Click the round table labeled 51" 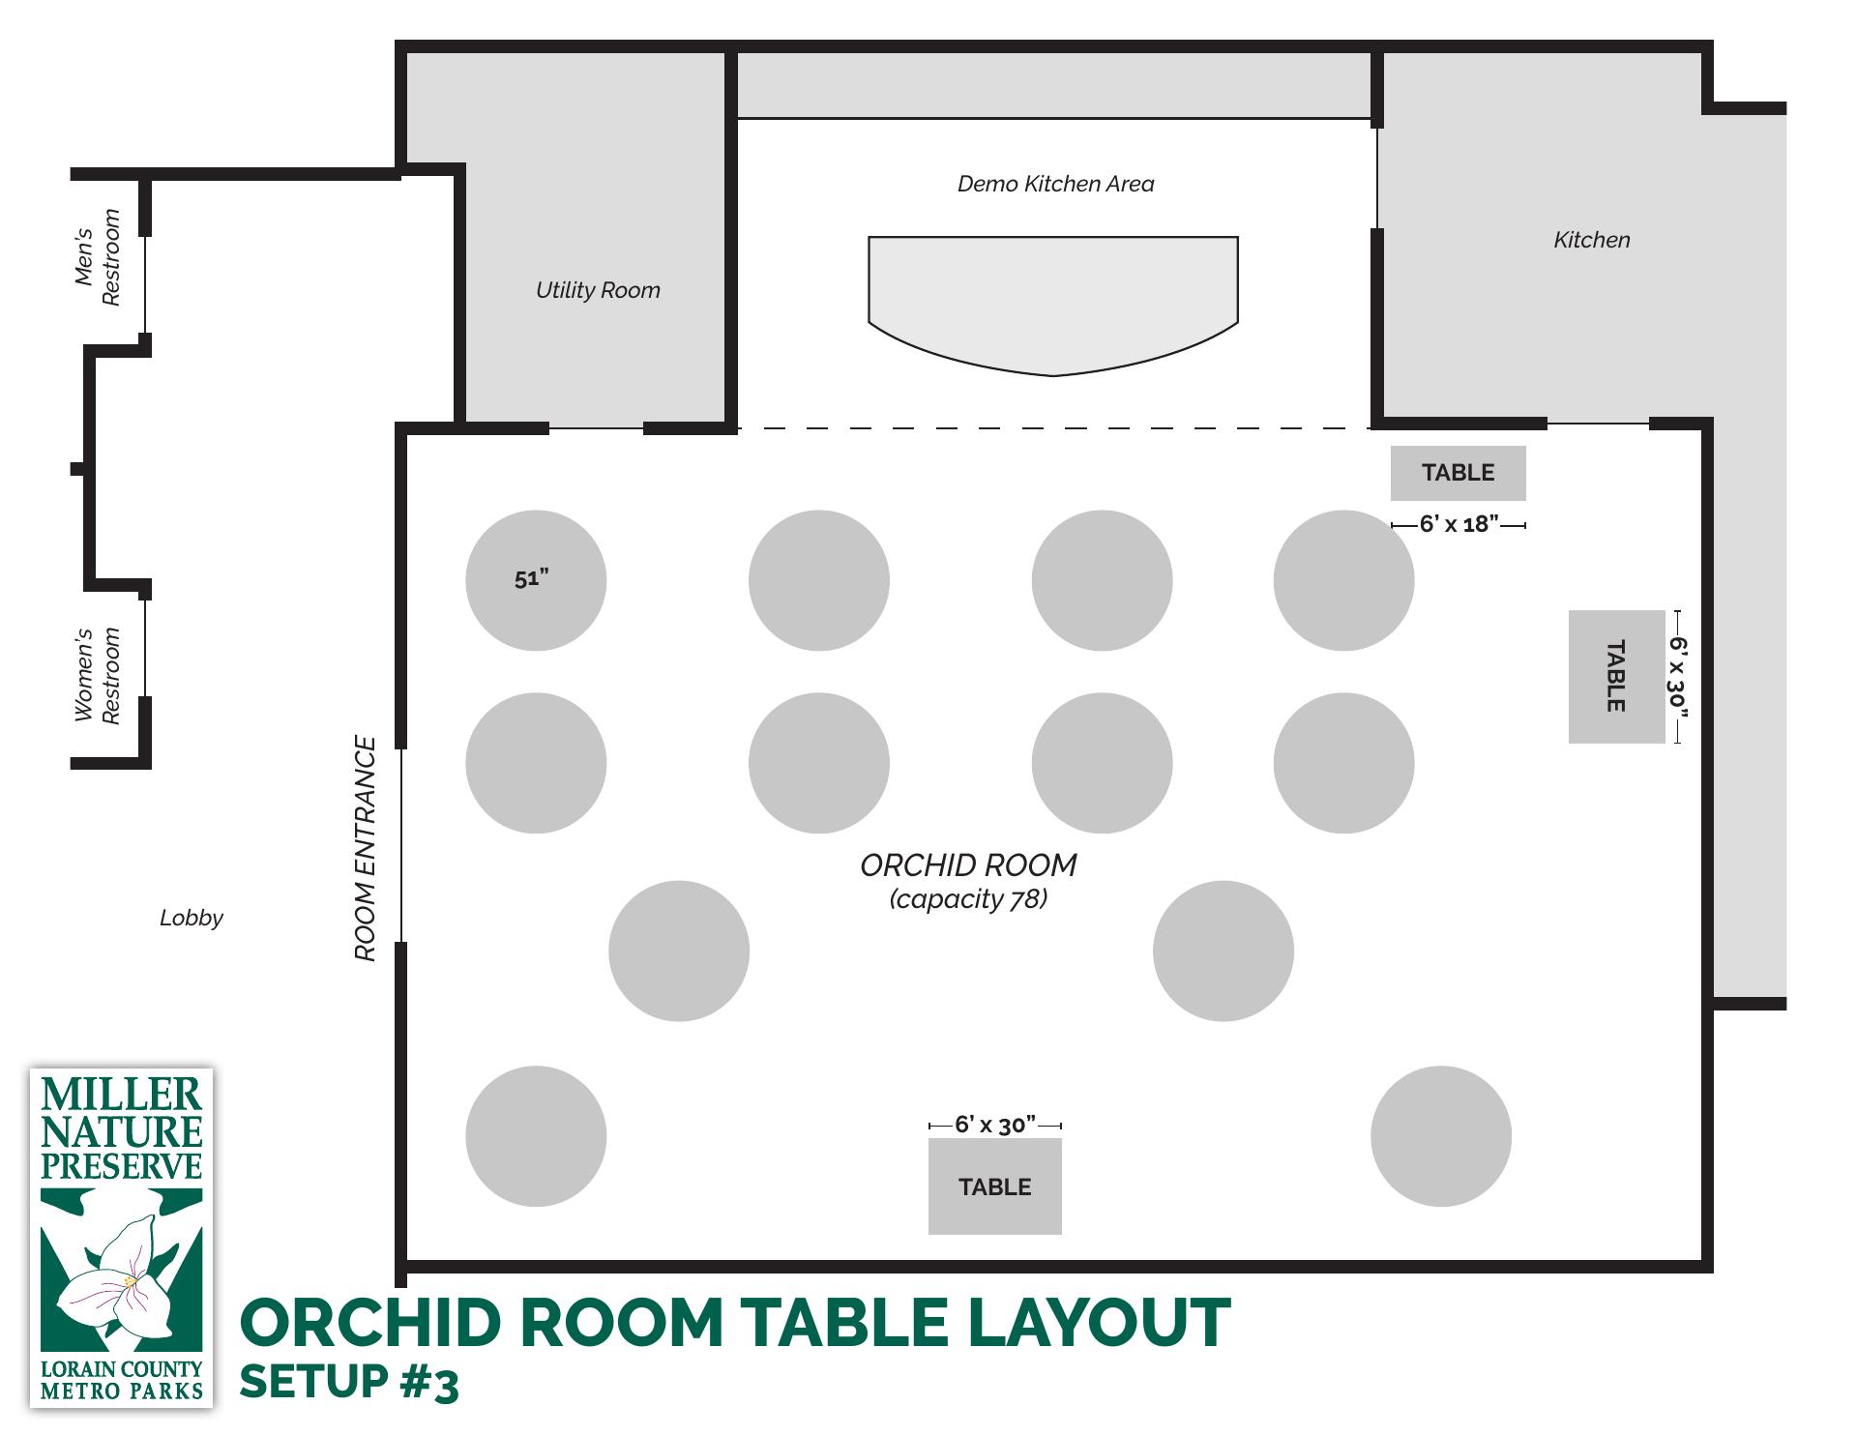pos(536,580)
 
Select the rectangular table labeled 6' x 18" pos(1459,473)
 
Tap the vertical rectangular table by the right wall pos(1617,677)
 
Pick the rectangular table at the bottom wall pos(995,1186)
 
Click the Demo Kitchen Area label pos(1055,184)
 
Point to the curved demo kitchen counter pos(1053,306)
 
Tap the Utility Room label pos(598,290)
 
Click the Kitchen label pos(1592,240)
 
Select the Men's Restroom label pos(98,258)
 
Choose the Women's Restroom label pos(98,676)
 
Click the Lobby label pos(192,918)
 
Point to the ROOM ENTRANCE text pos(365,849)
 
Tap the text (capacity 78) pos(968,899)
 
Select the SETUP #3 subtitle pos(349,1383)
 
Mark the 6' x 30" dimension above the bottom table pos(995,1125)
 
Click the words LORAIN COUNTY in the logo pos(122,1369)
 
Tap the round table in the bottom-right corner pos(1441,1136)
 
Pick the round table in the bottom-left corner pos(536,1136)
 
